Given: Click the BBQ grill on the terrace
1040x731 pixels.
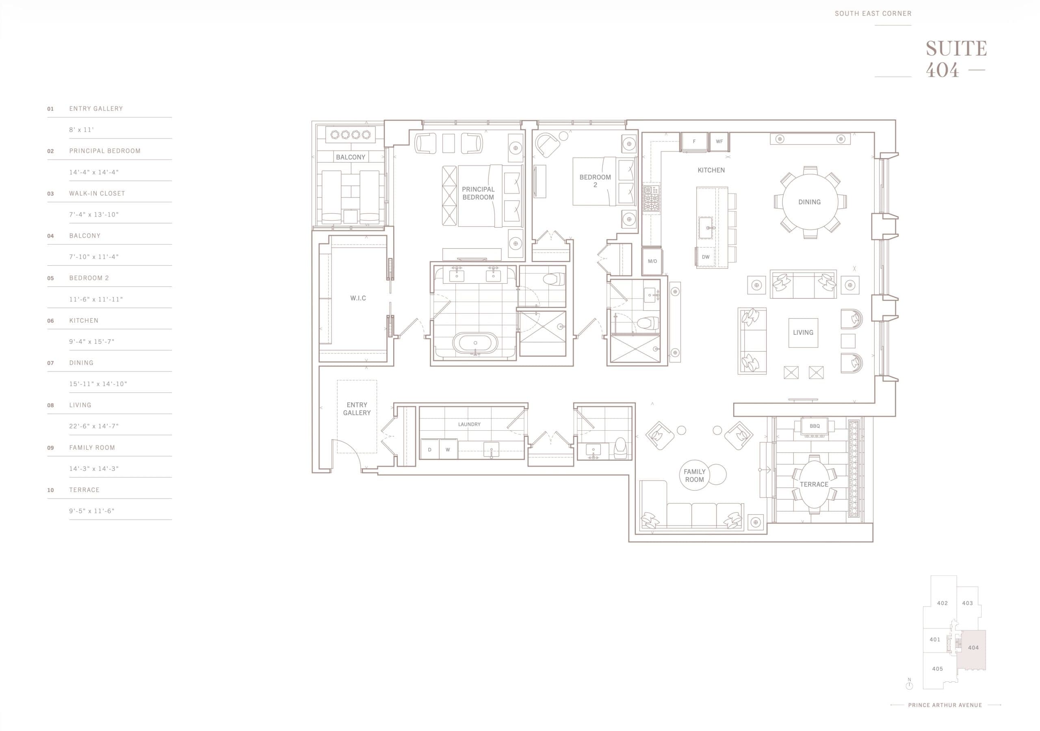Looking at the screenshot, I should coord(815,427).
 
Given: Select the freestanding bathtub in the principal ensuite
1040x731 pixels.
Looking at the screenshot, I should coord(475,343).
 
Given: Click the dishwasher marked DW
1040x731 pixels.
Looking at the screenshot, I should coord(705,257).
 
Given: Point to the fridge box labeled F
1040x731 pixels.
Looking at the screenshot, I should coord(694,142).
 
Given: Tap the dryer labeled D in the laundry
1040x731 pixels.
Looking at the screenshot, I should coord(429,449).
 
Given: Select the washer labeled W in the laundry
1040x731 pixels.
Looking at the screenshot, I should coord(448,449).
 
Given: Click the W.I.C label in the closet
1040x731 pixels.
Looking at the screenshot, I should coord(358,298).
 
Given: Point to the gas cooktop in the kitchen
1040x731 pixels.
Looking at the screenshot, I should coord(651,199).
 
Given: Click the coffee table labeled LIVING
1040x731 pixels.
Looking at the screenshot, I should coord(803,333).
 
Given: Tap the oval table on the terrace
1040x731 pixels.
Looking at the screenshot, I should coord(814,484).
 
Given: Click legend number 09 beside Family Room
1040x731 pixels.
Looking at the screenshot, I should coord(50,448).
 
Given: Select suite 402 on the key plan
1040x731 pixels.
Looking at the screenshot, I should coord(942,603).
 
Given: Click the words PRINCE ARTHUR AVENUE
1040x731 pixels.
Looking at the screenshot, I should coord(945,705).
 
